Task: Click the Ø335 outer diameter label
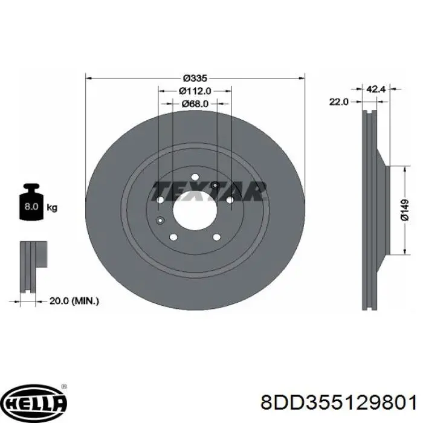point(195,78)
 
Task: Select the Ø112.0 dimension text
point(195,91)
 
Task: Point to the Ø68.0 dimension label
point(195,104)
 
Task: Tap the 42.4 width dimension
point(376,89)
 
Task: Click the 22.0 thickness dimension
point(338,102)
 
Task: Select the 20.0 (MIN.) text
point(74,301)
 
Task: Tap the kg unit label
point(52,207)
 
